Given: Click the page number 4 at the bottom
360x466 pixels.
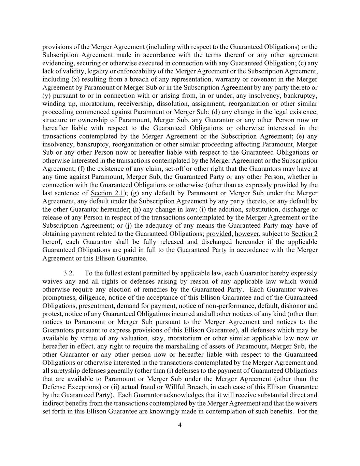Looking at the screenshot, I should [180, 425].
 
